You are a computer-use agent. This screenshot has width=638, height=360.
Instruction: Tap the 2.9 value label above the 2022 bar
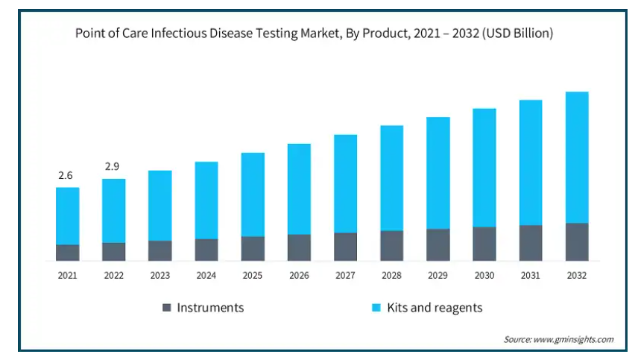coord(113,166)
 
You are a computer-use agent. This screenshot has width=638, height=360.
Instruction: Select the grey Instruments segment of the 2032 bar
coord(576,241)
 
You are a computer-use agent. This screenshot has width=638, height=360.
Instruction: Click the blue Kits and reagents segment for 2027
coord(345,183)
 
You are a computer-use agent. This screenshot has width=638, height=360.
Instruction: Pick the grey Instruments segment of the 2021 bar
coord(67,253)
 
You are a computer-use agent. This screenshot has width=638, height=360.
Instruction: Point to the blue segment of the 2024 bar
coord(206,200)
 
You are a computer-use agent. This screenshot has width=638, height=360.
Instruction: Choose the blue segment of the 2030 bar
coord(484,168)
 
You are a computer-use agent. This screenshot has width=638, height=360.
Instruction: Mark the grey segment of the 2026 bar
coord(299,247)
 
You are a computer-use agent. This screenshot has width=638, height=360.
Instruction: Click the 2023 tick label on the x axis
coord(159,275)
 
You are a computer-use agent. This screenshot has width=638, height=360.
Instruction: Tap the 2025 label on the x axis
coord(253,275)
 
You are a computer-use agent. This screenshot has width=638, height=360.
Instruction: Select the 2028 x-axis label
coord(391,275)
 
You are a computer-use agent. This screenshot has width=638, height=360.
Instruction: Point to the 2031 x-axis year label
coord(530,275)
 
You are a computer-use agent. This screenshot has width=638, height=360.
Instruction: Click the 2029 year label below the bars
coord(438,275)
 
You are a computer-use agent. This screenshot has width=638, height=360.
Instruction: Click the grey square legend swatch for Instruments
coord(166,307)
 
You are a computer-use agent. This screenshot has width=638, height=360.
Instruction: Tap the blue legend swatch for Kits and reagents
coord(377,307)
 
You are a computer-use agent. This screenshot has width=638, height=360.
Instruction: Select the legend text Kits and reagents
coord(435,307)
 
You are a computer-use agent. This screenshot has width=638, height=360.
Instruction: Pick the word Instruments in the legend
coord(210,307)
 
